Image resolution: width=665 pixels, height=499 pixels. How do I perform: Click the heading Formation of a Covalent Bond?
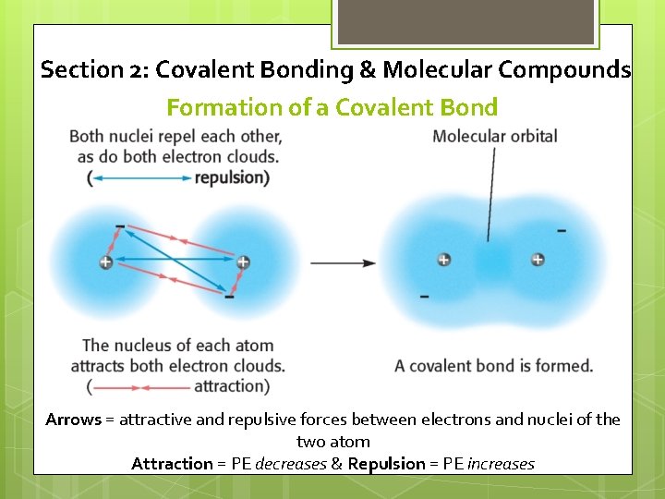point(332,107)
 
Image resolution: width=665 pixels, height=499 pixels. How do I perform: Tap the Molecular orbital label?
point(494,137)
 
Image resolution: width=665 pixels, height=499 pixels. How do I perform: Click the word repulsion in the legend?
point(231,177)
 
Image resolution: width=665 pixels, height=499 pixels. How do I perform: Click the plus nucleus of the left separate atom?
point(105,262)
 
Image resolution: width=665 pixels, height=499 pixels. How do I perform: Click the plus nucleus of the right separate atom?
point(243,262)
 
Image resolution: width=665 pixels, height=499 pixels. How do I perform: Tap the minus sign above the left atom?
point(120,225)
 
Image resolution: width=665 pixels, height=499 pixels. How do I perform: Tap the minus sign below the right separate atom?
point(229,298)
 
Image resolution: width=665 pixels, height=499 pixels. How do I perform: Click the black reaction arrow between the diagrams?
point(343,263)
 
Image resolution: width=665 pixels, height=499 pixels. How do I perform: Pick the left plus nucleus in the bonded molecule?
point(444,261)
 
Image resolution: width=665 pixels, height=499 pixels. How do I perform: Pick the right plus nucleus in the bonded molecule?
point(538,261)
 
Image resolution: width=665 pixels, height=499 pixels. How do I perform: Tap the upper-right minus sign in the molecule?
point(562,230)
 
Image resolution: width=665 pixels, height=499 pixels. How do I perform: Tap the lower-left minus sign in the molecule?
point(424,297)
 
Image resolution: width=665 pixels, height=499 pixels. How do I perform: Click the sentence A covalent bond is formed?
point(493,366)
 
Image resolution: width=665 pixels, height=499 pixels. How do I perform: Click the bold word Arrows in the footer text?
point(73,420)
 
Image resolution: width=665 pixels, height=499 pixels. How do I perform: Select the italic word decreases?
point(290,464)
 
